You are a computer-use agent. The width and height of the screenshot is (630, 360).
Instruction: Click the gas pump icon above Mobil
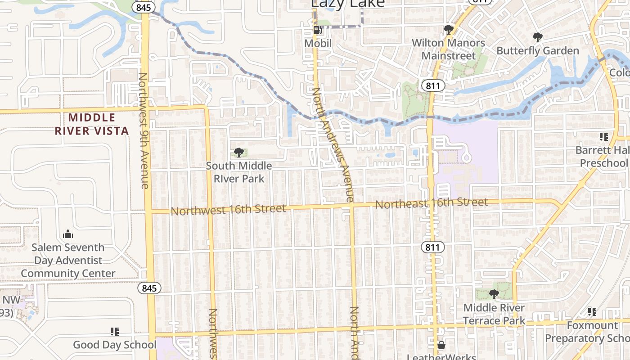318,31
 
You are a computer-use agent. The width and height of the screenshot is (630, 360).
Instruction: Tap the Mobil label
318,43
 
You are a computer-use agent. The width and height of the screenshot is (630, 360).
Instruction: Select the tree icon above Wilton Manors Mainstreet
448,30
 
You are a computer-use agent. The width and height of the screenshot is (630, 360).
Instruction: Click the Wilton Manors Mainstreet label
449,49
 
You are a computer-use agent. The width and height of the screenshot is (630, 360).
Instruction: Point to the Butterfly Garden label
537,50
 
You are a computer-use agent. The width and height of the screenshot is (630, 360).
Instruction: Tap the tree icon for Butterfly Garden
537,37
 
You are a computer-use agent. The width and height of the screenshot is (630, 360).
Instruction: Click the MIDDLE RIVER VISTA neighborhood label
92,124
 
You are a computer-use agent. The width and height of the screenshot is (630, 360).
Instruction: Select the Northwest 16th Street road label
228,210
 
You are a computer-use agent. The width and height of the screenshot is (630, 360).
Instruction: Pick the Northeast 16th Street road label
432,203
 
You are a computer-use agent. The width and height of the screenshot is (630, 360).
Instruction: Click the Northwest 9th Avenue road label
144,130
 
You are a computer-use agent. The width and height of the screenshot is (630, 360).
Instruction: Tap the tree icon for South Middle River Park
239,153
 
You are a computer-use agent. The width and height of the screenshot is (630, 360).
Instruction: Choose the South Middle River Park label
239,172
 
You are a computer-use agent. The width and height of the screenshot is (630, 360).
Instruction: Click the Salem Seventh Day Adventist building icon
68,234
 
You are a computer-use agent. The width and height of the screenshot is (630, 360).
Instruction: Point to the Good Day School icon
115,332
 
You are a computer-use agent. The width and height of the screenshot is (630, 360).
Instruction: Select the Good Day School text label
115,345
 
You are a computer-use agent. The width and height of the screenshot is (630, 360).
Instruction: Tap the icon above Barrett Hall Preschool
603,137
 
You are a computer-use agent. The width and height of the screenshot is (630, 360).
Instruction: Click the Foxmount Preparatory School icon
592,311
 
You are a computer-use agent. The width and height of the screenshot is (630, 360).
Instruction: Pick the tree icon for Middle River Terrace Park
494,294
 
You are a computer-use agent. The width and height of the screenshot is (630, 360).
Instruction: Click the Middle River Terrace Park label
494,314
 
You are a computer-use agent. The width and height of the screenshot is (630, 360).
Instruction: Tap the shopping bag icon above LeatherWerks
441,345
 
